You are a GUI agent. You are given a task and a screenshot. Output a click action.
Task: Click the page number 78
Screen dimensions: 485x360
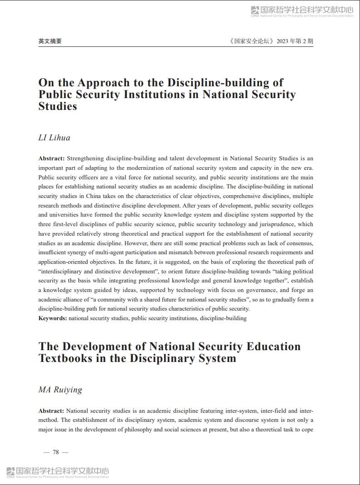tap(56, 452)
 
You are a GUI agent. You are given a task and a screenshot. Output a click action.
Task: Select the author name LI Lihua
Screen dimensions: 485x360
tap(54, 138)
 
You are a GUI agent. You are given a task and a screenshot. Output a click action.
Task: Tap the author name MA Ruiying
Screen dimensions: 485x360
tap(60, 390)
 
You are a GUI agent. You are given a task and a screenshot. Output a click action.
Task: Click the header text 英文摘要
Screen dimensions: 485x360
tap(50, 41)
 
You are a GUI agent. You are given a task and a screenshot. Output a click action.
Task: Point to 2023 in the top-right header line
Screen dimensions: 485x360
tap(283, 41)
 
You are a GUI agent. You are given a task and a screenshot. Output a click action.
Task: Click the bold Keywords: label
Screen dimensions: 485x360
tap(53, 318)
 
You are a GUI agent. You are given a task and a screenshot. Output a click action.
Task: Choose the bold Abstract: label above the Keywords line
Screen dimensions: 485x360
tap(51, 158)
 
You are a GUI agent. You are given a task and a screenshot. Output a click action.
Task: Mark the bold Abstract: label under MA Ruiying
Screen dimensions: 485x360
tap(51, 411)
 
